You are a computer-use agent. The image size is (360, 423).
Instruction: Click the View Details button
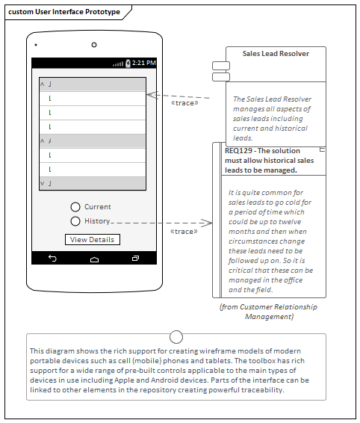point(92,240)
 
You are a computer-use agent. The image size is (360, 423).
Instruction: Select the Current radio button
point(75,207)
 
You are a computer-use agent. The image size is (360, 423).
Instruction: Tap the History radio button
point(75,221)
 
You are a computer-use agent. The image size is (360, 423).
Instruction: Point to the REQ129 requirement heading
point(270,160)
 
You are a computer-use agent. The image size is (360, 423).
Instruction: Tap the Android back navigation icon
point(52,258)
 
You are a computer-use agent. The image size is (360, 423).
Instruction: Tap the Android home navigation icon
point(94,259)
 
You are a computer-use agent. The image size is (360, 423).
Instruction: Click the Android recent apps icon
point(135,258)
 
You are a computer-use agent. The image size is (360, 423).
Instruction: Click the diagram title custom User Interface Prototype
point(63,12)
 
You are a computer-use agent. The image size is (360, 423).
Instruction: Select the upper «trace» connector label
point(185,103)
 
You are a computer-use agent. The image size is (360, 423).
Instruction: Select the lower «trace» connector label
point(184,232)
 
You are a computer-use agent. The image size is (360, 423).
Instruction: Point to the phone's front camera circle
point(93,45)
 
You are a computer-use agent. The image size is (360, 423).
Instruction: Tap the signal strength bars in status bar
point(118,64)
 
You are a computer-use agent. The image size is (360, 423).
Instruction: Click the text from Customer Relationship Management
point(269,312)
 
